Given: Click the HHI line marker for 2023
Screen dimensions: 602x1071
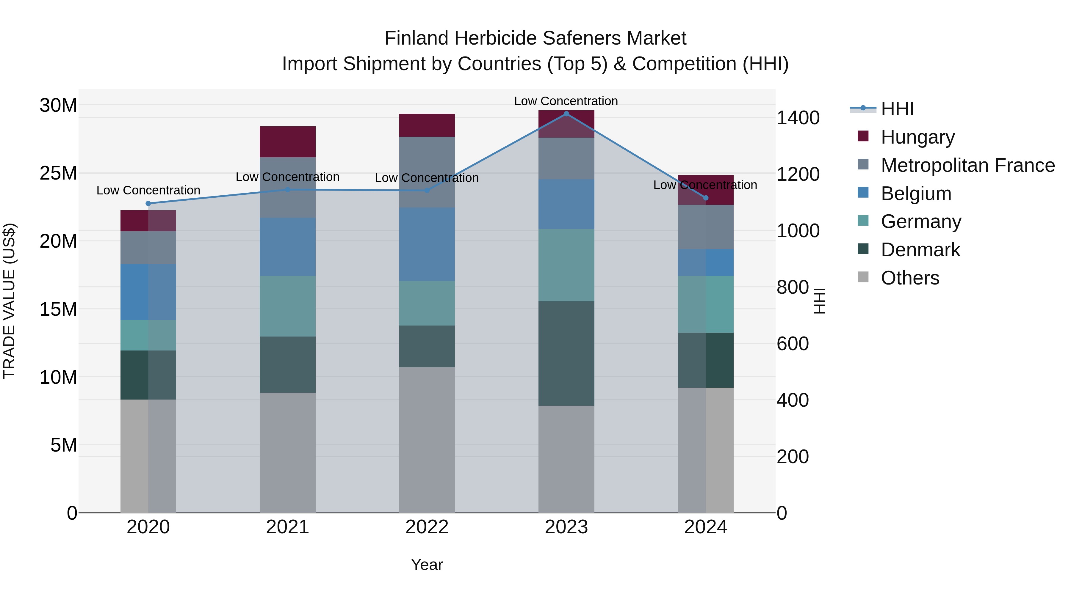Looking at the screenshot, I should (x=566, y=114).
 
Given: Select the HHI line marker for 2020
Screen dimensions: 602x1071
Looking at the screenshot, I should (x=148, y=204).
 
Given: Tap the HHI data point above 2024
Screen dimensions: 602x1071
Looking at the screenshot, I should (x=706, y=198).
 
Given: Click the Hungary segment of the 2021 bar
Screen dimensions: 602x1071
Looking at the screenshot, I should (x=288, y=142).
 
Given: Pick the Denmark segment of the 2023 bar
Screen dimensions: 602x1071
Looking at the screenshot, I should (x=566, y=353).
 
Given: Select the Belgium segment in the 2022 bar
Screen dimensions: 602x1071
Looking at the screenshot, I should (x=427, y=244).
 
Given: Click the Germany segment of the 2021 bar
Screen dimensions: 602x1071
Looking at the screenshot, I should (x=288, y=306).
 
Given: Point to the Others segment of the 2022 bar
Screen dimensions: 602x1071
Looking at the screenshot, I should (x=427, y=440).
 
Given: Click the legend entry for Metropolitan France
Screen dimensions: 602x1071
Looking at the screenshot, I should (x=967, y=165).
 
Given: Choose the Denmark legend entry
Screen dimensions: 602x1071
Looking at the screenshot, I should (x=920, y=250).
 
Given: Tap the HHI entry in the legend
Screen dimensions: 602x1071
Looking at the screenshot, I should (x=897, y=109).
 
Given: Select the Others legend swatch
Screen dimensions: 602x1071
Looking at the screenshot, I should (x=863, y=277).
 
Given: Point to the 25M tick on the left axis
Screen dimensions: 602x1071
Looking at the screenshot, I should (x=58, y=173).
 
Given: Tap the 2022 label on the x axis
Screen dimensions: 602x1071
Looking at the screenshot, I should (x=427, y=527).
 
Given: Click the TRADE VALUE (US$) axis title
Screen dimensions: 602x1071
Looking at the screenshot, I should (x=9, y=301).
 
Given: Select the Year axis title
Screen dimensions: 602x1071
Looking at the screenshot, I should (x=427, y=565).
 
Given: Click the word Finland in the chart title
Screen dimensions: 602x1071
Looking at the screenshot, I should (x=416, y=38).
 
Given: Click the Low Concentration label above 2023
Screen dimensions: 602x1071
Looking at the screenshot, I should (x=566, y=101).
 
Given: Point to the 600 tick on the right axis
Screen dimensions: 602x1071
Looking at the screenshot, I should (x=793, y=344).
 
